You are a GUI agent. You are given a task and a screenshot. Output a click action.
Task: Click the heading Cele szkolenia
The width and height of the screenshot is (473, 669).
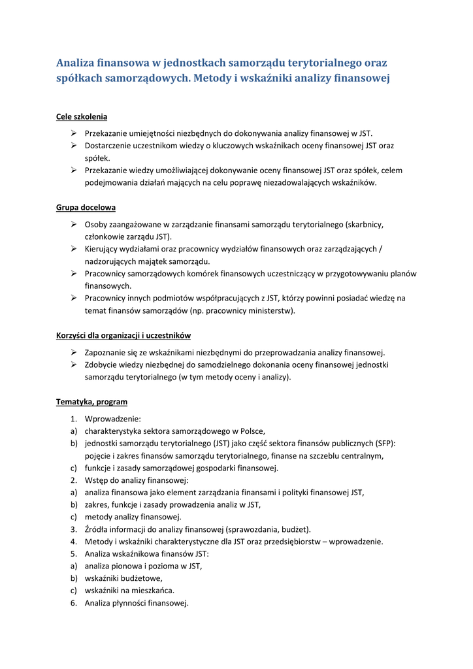(x=82, y=117)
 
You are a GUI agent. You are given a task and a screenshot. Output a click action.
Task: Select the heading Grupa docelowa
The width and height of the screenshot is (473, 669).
(x=86, y=207)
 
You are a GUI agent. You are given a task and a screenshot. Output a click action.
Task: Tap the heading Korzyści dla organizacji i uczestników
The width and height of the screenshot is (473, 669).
(x=123, y=335)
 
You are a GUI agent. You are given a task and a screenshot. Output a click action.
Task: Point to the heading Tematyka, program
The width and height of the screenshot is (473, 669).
(x=91, y=402)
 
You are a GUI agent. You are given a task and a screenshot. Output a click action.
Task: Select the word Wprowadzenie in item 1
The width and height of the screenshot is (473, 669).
(x=112, y=418)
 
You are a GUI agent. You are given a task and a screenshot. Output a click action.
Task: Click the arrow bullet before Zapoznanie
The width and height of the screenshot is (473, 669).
(x=74, y=352)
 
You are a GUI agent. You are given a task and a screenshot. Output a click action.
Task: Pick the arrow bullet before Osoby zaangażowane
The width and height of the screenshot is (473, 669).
(x=74, y=224)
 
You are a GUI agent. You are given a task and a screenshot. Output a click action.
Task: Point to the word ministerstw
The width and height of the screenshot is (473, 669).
(x=270, y=310)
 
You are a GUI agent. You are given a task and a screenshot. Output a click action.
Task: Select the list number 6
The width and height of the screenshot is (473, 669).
(x=74, y=603)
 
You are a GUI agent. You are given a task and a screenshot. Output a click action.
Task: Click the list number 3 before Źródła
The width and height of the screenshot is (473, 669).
(x=74, y=529)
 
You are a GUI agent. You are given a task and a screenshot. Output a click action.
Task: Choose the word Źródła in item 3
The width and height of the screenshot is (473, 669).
(x=99, y=529)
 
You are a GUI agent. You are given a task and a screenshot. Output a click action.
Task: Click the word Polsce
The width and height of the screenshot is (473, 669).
(x=251, y=431)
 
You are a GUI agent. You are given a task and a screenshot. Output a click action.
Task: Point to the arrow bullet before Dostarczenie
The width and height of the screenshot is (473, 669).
(x=74, y=146)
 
